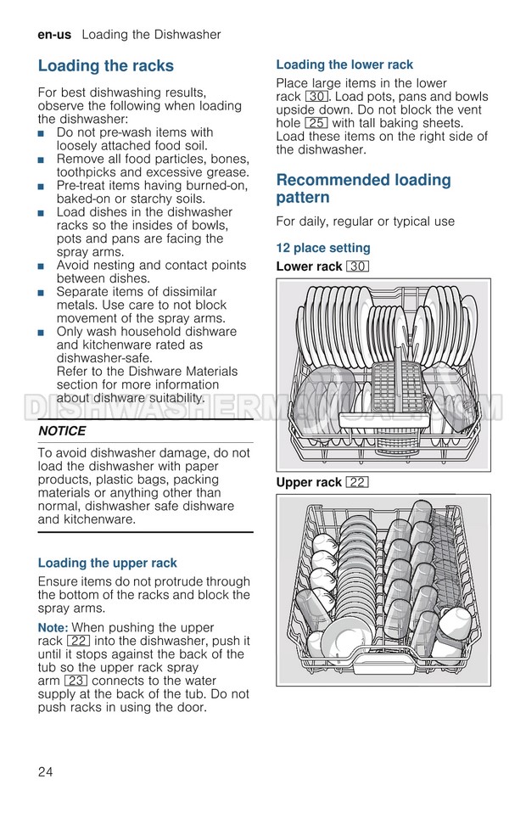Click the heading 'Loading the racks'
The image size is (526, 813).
[106, 66]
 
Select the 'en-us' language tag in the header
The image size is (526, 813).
[54, 35]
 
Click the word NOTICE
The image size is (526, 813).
[62, 431]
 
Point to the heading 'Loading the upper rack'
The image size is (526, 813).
[108, 563]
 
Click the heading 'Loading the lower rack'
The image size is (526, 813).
[344, 64]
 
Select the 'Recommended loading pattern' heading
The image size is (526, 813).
[363, 188]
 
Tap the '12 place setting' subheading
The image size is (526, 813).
[323, 248]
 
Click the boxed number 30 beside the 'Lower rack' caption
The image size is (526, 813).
[357, 266]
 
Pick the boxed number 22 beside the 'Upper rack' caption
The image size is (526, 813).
[356, 482]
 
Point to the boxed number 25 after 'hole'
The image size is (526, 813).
[316, 123]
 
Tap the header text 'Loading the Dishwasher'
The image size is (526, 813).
[152, 35]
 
